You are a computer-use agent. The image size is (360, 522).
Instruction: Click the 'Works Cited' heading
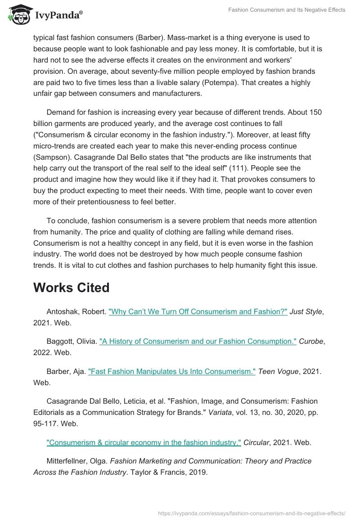[71, 288]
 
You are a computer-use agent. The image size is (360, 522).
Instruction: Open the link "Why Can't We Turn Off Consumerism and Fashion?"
[198, 312]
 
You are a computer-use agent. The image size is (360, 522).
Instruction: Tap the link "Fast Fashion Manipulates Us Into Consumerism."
[172, 371]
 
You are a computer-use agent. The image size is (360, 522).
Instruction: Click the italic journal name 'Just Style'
[306, 312]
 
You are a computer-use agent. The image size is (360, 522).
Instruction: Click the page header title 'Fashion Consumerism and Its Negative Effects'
[286, 10]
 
